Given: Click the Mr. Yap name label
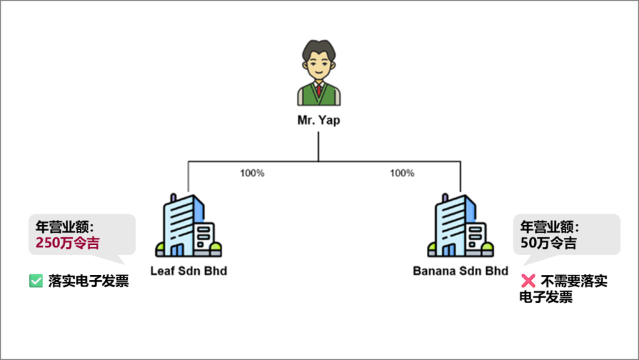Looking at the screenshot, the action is [x=319, y=120].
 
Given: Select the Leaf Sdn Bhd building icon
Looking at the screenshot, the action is [x=189, y=226].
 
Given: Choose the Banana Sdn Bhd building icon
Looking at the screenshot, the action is [x=461, y=226].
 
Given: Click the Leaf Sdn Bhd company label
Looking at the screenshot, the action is [x=189, y=271].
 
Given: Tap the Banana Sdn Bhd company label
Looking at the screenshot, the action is [x=461, y=271].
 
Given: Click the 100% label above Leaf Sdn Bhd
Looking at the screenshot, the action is [x=252, y=173].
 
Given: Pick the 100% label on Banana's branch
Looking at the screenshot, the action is [x=402, y=173].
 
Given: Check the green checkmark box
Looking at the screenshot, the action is [x=36, y=281].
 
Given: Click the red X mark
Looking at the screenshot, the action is [x=528, y=281].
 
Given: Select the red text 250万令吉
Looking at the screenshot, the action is [x=68, y=243].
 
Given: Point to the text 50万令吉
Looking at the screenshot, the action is [x=548, y=243].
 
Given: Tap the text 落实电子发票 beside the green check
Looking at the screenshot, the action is [x=88, y=281].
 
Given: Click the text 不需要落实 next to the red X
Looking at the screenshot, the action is [x=574, y=281].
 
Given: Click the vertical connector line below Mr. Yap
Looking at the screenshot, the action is [x=318, y=146].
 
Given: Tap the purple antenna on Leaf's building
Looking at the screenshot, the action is [x=173, y=198].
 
